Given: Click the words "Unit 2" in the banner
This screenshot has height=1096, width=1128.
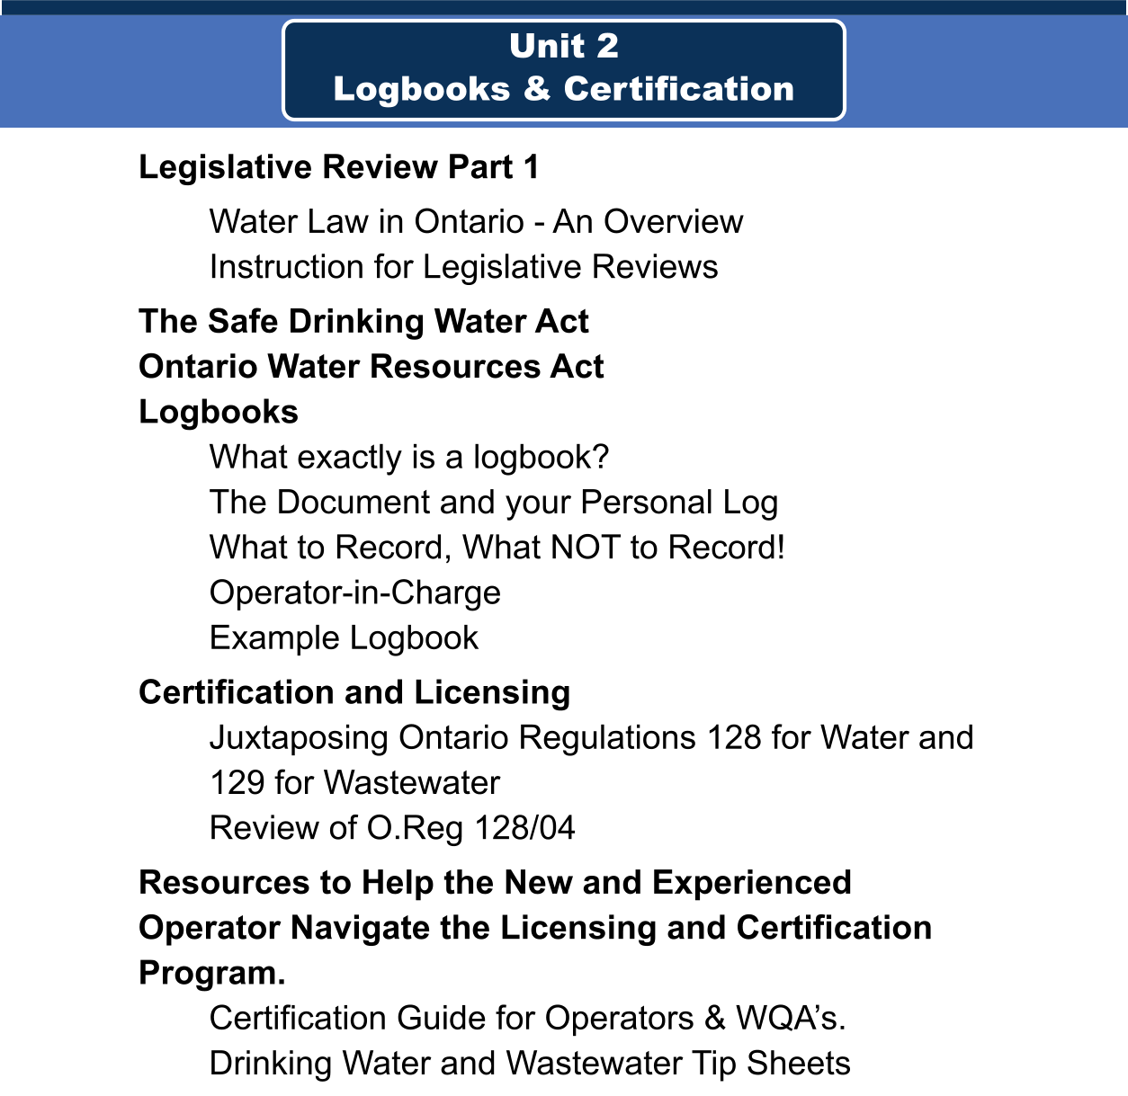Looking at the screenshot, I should tap(564, 46).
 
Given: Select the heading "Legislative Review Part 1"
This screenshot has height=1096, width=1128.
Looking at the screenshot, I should tap(339, 167).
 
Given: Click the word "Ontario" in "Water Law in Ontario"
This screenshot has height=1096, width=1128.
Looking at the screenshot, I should tap(469, 222).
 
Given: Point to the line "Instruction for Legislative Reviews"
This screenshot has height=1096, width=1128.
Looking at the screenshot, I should tap(463, 267).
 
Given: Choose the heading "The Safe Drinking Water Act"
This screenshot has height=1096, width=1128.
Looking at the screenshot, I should tap(363, 321).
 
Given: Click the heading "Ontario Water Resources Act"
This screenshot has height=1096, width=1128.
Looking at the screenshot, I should tap(371, 366).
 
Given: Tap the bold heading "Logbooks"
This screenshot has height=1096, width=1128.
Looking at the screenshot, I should tap(219, 412).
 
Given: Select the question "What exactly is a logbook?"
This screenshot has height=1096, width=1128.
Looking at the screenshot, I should tap(409, 458).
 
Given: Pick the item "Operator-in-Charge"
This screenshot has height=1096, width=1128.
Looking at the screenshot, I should tap(355, 593).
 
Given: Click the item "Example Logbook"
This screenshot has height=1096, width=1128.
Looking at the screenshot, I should tap(344, 638).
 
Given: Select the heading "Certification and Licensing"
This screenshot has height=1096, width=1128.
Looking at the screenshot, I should tap(354, 692).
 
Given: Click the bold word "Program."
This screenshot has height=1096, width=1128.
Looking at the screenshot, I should tap(211, 973).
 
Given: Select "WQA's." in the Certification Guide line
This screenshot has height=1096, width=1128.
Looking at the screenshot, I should tap(791, 1018).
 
